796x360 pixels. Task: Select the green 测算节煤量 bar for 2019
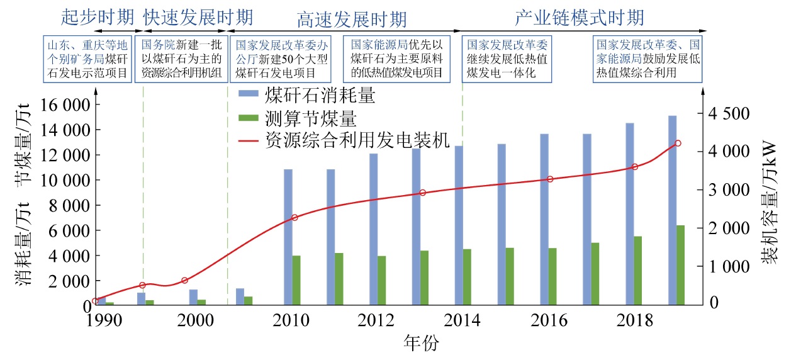click(680, 265)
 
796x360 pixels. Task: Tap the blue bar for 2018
click(629, 214)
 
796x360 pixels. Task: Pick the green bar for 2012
click(381, 281)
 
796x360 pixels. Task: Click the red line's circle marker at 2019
click(678, 143)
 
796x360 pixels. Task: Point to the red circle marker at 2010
click(294, 218)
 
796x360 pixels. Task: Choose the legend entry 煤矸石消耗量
click(320, 96)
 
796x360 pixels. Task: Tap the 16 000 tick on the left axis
click(65, 104)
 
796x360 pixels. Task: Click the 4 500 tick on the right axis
click(728, 114)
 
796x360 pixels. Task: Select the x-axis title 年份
click(421, 344)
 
